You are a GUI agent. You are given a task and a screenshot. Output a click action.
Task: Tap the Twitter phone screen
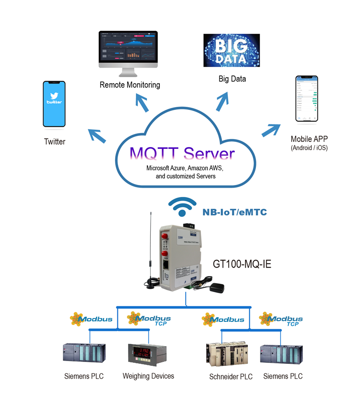point(54,104)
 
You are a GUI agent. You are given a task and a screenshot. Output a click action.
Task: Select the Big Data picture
point(232,50)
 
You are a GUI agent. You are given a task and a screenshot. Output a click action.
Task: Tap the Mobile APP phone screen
point(309,99)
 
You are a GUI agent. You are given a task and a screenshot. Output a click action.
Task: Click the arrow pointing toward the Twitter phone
point(97,135)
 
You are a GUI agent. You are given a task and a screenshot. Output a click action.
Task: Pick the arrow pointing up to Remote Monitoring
point(142,102)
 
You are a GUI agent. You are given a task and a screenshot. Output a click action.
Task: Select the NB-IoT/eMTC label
point(234,212)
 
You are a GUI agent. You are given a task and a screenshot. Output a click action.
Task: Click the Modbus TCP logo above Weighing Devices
point(149,319)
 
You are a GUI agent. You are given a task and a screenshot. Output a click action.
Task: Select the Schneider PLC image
point(224,355)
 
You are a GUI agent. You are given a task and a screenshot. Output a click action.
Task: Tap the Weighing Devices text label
point(148,376)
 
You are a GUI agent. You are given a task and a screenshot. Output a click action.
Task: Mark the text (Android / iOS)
point(309,148)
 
